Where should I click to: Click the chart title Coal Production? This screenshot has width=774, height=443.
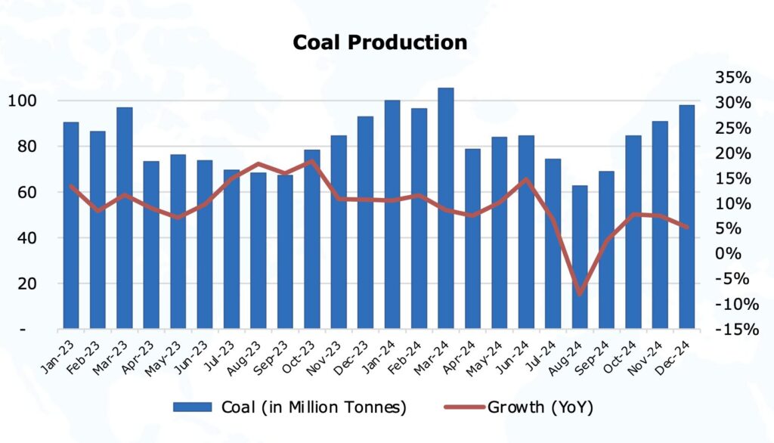[379, 42]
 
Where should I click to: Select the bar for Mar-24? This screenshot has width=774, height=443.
[446, 208]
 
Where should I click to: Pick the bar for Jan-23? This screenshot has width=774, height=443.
[71, 225]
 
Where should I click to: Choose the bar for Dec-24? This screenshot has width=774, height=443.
[686, 217]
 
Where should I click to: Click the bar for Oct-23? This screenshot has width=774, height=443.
[311, 239]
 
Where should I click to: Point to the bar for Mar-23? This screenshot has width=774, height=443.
[124, 218]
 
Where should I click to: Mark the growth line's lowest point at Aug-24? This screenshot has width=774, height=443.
[580, 293]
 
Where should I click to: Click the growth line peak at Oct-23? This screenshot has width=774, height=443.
[311, 161]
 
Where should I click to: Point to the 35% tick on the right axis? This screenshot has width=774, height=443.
[732, 77]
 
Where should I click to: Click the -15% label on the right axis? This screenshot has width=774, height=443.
[730, 329]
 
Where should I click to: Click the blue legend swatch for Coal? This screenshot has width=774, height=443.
[193, 407]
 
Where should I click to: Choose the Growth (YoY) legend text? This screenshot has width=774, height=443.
[540, 407]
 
